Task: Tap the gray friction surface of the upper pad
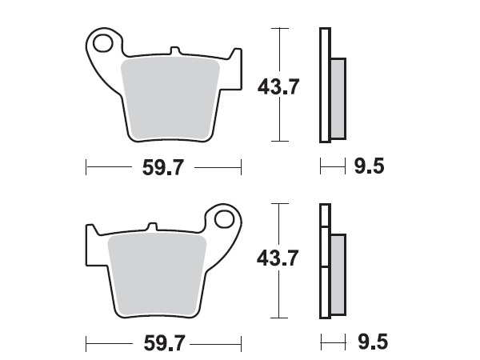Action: point(173,96)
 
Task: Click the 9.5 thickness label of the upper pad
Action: point(370,166)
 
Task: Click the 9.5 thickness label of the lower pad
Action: point(370,342)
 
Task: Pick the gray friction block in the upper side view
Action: point(338,96)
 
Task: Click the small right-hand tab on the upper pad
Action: point(234,56)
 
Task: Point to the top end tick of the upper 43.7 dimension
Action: point(278,28)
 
